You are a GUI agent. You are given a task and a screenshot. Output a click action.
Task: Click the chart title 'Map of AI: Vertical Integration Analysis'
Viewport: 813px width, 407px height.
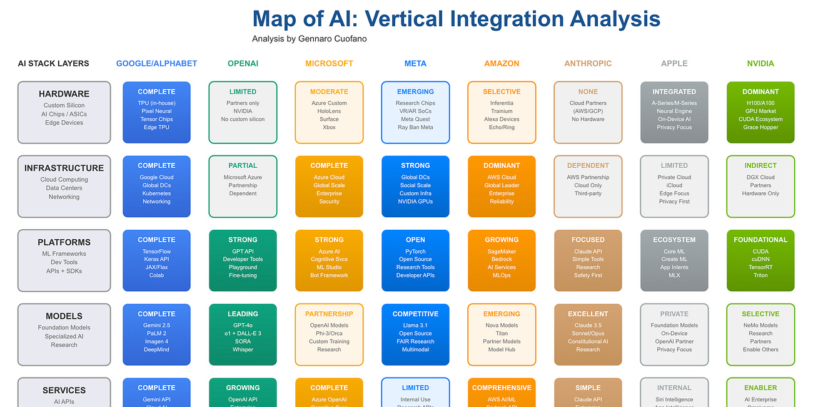[456, 19]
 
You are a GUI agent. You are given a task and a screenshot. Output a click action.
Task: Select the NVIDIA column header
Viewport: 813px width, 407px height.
[760, 63]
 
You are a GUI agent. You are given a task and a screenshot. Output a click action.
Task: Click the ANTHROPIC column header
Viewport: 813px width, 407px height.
[588, 63]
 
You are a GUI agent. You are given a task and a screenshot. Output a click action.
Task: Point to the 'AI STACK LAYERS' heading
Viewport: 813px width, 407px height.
[53, 63]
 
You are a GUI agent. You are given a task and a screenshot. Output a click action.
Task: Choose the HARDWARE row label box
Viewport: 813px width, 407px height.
[64, 113]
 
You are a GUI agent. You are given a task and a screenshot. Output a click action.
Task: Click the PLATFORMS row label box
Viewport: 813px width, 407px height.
[64, 260]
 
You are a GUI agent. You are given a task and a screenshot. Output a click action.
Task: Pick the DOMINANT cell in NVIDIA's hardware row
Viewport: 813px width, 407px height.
[760, 113]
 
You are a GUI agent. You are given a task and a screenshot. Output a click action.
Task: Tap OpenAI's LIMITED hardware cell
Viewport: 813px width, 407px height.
[243, 113]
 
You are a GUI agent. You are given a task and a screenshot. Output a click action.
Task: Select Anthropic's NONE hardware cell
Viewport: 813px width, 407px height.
[588, 113]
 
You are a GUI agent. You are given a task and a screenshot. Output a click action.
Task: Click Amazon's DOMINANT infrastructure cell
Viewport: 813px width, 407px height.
[502, 187]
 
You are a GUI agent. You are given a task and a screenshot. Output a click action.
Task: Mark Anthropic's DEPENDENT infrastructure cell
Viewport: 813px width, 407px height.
[588, 187]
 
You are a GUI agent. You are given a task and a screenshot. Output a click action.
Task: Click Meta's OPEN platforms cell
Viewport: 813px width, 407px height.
[415, 260]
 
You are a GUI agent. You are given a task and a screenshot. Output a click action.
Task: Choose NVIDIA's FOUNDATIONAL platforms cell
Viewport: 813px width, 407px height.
[760, 260]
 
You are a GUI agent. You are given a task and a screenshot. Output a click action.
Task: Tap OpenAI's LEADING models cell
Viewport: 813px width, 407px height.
[243, 334]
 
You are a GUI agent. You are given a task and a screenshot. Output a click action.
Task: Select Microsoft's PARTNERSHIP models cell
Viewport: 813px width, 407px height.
[329, 334]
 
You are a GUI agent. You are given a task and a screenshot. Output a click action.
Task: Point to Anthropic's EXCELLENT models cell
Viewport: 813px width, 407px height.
[588, 334]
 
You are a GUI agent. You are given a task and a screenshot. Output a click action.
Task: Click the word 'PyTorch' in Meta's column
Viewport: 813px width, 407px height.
[415, 252]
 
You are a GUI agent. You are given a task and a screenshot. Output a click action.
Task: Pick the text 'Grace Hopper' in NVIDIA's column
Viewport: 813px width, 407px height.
[760, 128]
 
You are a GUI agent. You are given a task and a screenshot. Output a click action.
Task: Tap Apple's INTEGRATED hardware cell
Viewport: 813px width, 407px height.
[674, 113]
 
